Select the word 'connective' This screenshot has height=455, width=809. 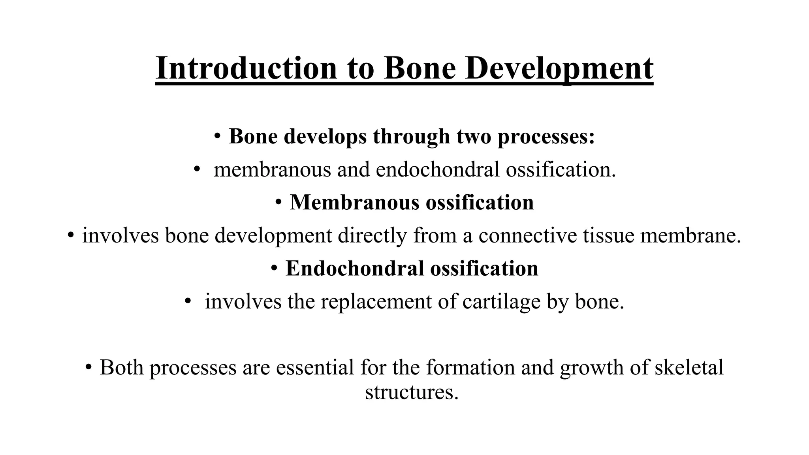[527, 235]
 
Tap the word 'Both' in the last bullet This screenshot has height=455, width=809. [122, 367]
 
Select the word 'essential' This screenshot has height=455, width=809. [315, 367]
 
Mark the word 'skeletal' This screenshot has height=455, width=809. [689, 367]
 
